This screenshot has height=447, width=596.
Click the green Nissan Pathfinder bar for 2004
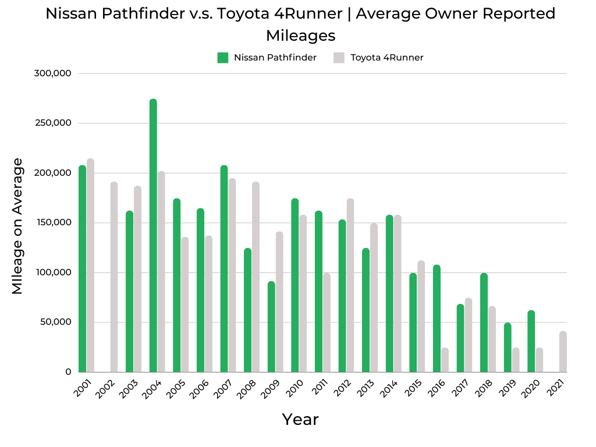(153, 236)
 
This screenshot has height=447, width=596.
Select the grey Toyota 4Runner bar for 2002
(114, 277)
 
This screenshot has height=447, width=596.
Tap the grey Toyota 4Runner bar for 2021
(563, 352)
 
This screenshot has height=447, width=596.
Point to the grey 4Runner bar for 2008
(256, 277)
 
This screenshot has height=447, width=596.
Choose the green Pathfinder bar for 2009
(271, 327)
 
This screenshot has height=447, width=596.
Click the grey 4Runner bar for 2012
(350, 285)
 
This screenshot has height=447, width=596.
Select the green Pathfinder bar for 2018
(484, 322)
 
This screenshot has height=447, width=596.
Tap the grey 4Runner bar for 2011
(327, 322)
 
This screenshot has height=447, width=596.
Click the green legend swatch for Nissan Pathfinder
(223, 58)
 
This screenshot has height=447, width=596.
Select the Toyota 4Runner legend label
(386, 58)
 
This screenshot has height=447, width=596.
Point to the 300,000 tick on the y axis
(53, 73)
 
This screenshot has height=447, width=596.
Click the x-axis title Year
(300, 419)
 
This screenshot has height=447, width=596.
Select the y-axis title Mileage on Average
(17, 226)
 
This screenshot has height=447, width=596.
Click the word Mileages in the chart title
(300, 36)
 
